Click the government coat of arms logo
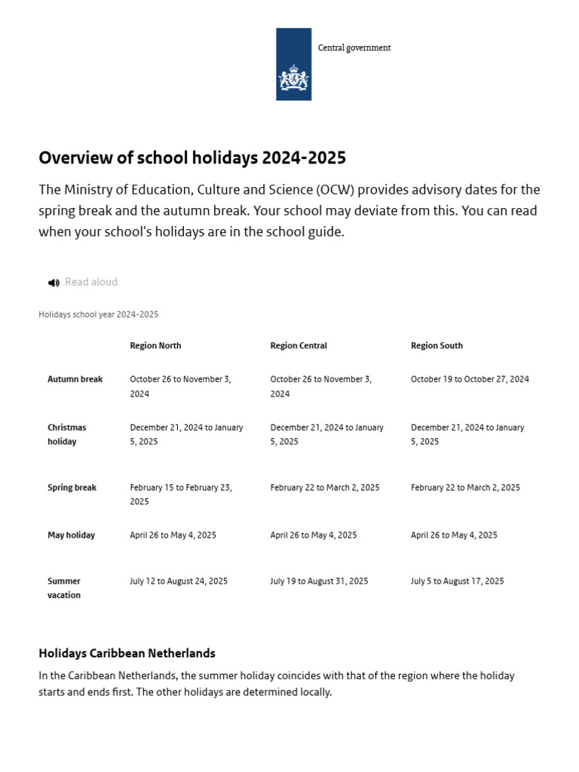(293, 65)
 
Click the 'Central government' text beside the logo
(354, 47)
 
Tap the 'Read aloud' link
(91, 282)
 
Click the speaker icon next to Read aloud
(54, 283)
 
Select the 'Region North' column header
(155, 345)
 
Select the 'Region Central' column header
(299, 345)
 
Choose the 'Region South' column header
(437, 345)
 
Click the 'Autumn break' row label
(75, 379)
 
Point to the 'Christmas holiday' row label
(67, 434)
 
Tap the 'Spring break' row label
(72, 488)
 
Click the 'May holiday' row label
(71, 535)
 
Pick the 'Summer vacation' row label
(64, 588)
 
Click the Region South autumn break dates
(470, 379)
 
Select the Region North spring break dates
(181, 495)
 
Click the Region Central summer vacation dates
(319, 581)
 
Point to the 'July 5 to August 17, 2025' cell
(457, 581)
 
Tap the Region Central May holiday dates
(313, 535)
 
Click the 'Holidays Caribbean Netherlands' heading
(127, 653)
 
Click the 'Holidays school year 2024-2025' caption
(98, 314)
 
